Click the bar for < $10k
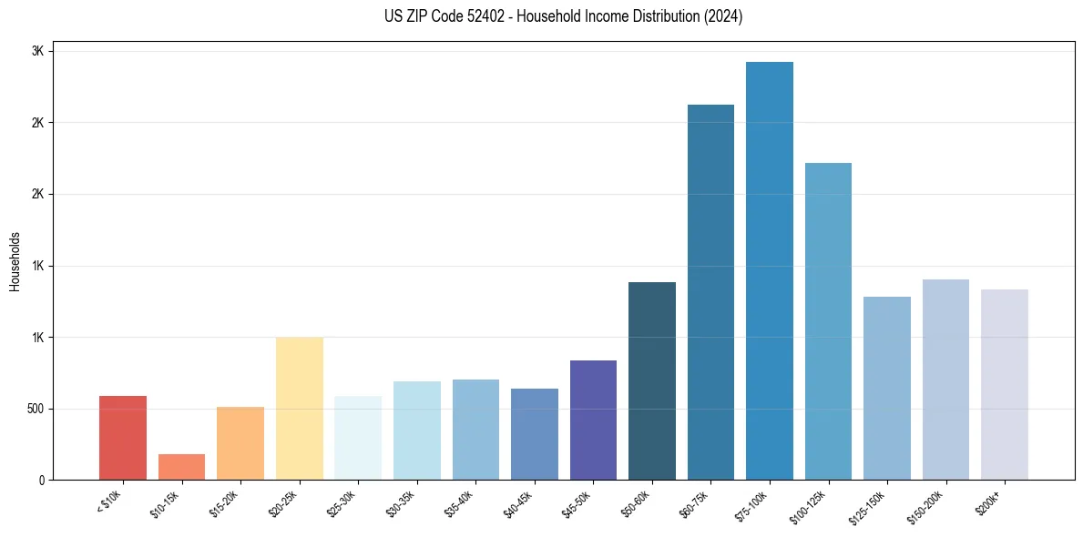tap(123, 438)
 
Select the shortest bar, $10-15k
tap(181, 467)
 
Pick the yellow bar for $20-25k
tap(300, 409)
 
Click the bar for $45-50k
tap(593, 420)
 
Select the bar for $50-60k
tap(652, 381)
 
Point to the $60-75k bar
tap(710, 292)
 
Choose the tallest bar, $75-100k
tap(770, 271)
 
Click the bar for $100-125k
tap(828, 321)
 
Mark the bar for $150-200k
tap(945, 380)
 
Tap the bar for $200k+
tap(1005, 385)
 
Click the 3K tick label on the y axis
tap(38, 51)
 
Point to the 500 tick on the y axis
tap(35, 409)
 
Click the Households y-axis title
tap(15, 261)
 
